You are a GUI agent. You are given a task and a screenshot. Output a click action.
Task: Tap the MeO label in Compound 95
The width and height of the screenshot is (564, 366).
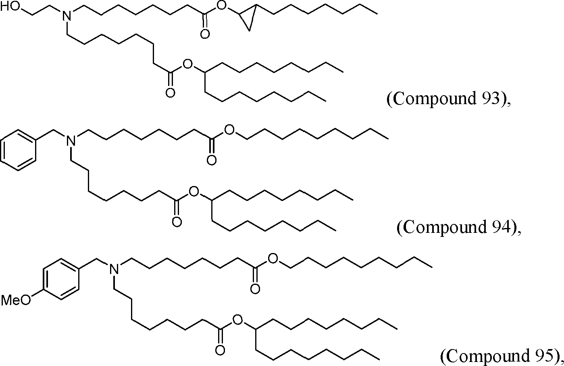pyautogui.click(x=16, y=300)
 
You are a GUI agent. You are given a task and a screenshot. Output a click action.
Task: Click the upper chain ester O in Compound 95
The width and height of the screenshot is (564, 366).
pyautogui.click(x=273, y=259)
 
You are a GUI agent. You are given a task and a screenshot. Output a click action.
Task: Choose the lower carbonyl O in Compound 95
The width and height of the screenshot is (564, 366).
pyautogui.click(x=220, y=349)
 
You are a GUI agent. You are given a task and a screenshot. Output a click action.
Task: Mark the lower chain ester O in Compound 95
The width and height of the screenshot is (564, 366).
pyautogui.click(x=238, y=320)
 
